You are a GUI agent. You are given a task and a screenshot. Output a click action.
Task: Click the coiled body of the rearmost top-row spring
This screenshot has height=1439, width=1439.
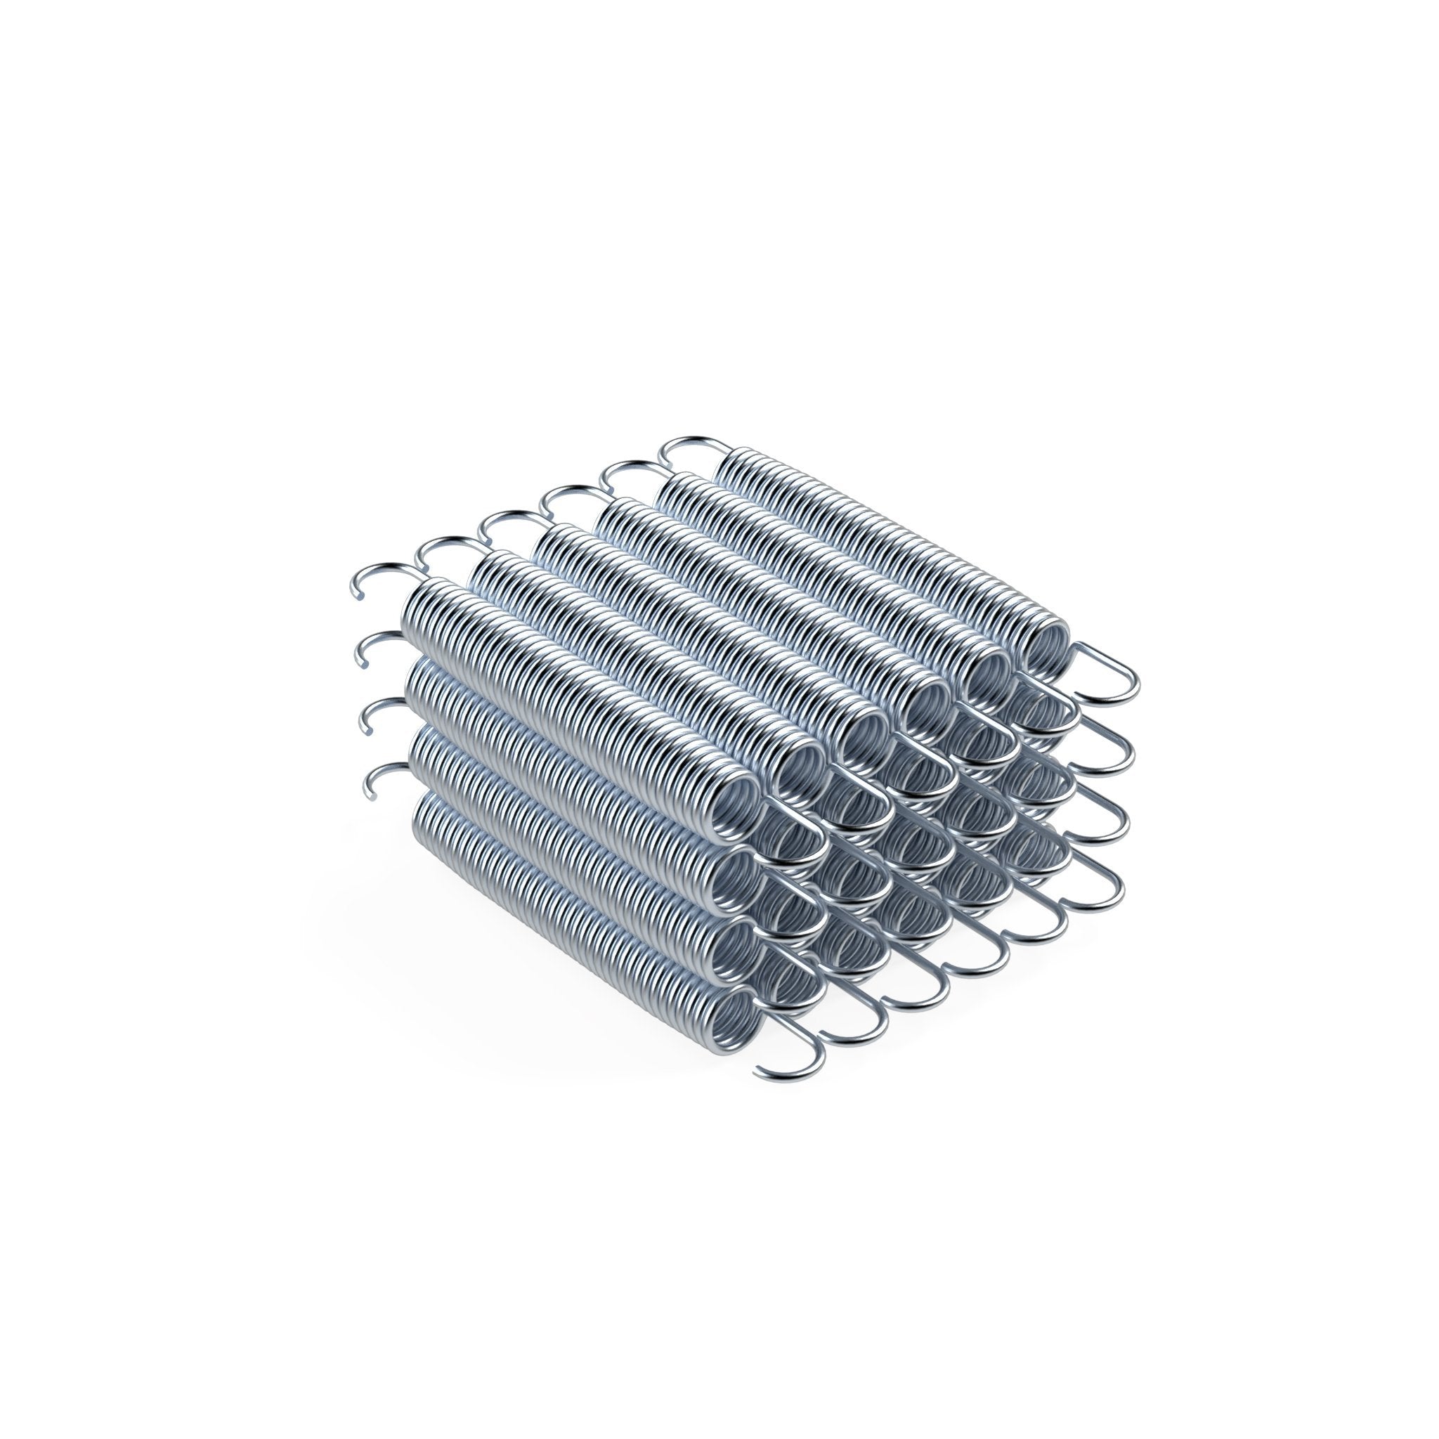coord(879,544)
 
